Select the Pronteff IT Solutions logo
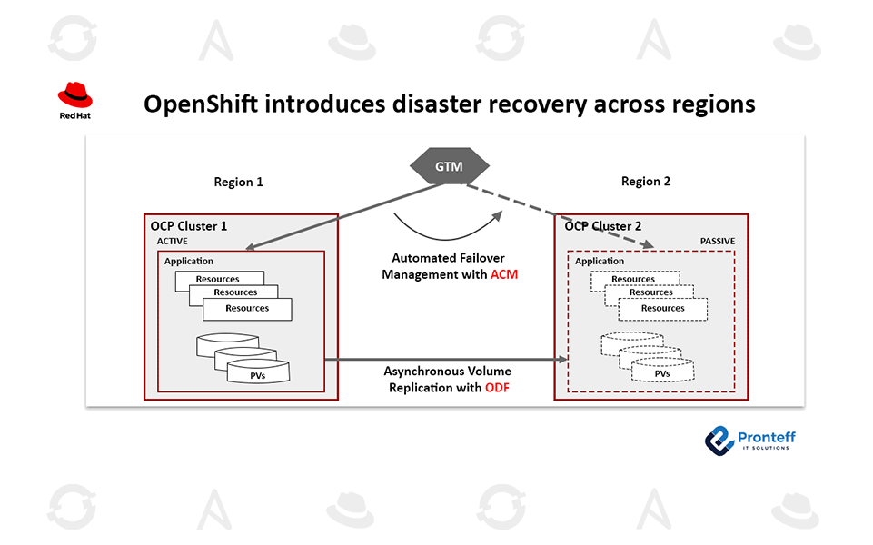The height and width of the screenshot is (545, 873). click(x=750, y=440)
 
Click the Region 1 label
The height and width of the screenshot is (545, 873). click(x=238, y=182)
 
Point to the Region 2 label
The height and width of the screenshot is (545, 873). click(x=646, y=182)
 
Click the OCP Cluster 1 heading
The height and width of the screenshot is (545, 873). click(x=189, y=225)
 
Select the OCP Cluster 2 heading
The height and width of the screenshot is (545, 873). click(x=603, y=225)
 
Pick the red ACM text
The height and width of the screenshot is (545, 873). click(x=504, y=274)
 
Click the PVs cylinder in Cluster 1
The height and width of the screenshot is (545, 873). click(x=258, y=372)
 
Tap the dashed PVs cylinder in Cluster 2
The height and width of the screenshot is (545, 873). click(x=662, y=372)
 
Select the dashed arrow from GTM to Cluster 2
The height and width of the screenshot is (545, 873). click(x=563, y=216)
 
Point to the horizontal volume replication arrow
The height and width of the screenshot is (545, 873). click(x=445, y=360)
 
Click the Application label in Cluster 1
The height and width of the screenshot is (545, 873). click(x=189, y=262)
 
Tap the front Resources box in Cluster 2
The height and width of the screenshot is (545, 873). click(x=662, y=309)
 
